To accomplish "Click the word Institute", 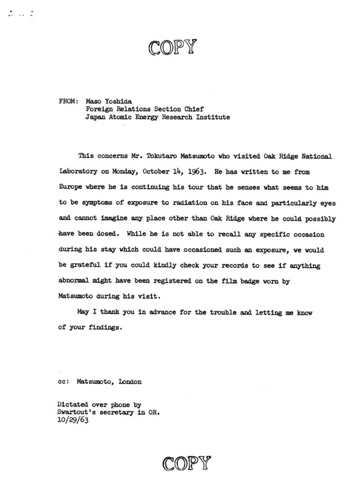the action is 211,118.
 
